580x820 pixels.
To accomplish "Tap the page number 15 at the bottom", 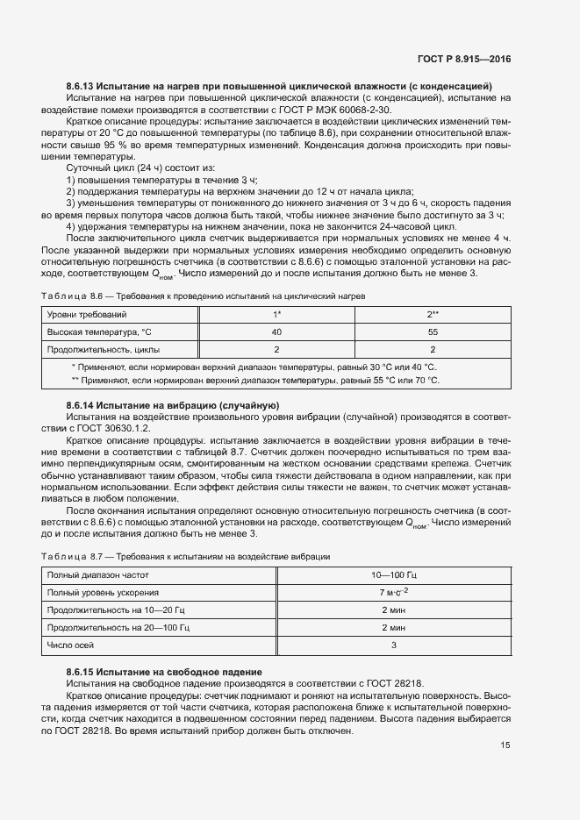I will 506,745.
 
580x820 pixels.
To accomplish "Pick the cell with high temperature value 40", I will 276,332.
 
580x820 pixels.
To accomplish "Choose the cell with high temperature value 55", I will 433,332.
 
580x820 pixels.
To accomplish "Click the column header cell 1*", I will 276,314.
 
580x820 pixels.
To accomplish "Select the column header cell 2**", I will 433,314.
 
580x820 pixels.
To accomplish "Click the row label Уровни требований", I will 86,314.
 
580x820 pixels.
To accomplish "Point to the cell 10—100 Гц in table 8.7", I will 394,574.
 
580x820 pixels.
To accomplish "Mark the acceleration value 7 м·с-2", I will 394,593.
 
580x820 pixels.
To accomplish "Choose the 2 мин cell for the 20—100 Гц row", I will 394,629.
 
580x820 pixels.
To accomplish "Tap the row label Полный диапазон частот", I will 98,574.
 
